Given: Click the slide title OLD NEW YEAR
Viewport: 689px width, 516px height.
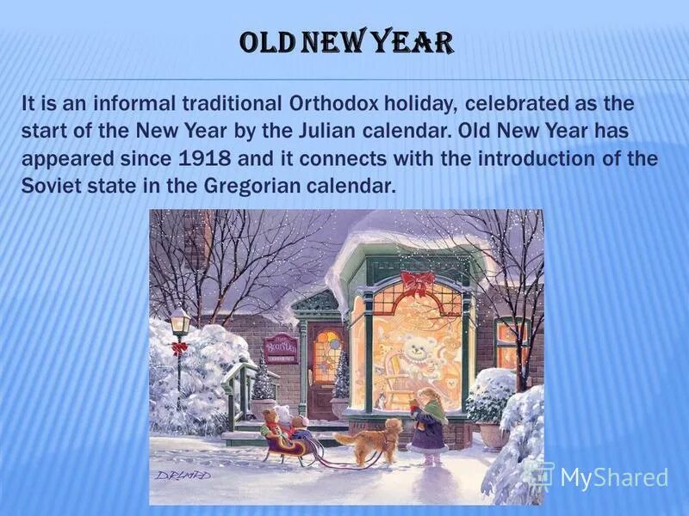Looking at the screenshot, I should (x=344, y=42).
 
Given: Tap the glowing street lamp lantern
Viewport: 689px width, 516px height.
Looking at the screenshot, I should (x=179, y=322).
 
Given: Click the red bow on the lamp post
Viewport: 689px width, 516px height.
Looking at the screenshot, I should (x=179, y=348).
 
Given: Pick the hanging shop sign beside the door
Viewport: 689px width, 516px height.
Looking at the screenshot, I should (x=281, y=347).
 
